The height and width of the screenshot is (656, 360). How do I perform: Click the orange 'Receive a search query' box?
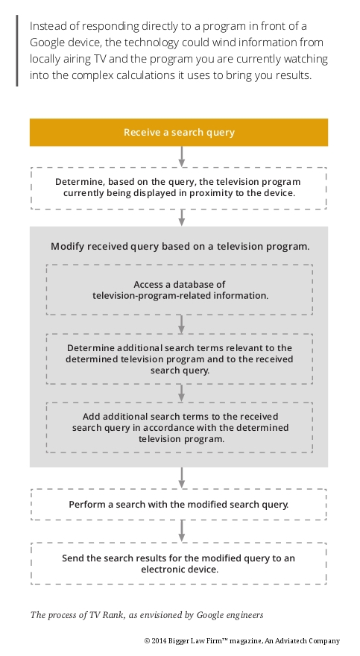pyautogui.click(x=179, y=132)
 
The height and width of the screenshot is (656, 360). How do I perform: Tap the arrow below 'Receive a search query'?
pyautogui.click(x=181, y=157)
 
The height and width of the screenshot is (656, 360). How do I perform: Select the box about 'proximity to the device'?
pyautogui.click(x=179, y=188)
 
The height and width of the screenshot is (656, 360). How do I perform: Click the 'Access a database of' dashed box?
pyautogui.click(x=180, y=289)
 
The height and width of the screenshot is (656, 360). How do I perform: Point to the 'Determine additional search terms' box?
pyautogui.click(x=180, y=359)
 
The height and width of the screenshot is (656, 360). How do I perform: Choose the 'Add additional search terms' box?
pyautogui.click(x=180, y=428)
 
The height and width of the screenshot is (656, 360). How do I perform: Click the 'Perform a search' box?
pyautogui.click(x=179, y=504)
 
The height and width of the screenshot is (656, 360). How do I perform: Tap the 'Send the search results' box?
pyautogui.click(x=179, y=564)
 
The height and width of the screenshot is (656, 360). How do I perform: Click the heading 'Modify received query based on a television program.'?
pyautogui.click(x=180, y=247)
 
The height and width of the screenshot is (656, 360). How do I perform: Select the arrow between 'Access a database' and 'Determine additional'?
pyautogui.click(x=181, y=324)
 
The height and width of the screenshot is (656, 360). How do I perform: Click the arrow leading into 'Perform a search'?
pyautogui.click(x=181, y=477)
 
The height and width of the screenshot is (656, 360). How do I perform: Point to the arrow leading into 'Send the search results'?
pyautogui.click(x=181, y=531)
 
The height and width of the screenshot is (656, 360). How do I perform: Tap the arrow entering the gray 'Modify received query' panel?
pyautogui.click(x=181, y=218)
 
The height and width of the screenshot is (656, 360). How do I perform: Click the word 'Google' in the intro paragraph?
pyautogui.click(x=46, y=42)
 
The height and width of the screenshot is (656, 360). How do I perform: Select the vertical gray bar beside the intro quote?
pyautogui.click(x=17, y=51)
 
